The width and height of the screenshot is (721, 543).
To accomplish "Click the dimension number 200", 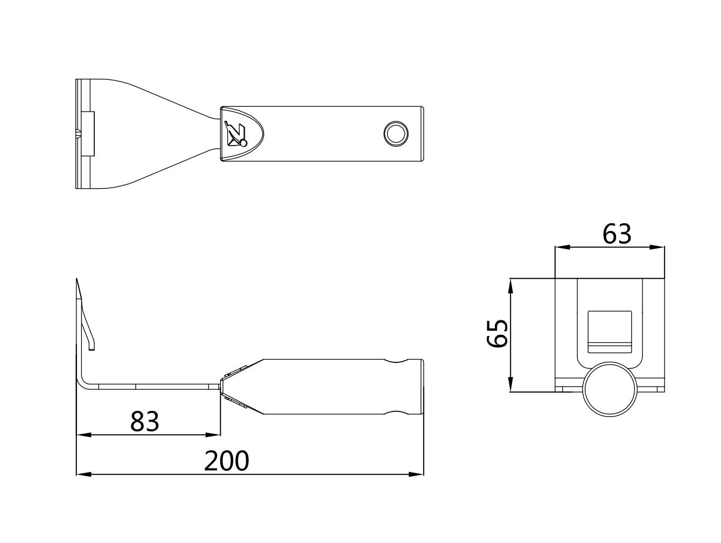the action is click(226, 461).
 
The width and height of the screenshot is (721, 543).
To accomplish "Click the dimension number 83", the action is click(144, 421).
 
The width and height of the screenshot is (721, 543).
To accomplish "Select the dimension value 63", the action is click(617, 234).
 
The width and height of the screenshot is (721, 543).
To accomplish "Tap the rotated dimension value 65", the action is click(498, 333).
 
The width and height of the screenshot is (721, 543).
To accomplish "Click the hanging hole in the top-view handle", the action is click(396, 134).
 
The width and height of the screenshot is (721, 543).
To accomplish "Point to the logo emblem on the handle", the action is click(235, 134).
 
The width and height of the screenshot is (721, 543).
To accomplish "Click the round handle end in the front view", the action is click(610, 389).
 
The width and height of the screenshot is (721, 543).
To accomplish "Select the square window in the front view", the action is click(610, 332).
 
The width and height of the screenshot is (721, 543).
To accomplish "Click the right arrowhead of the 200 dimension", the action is click(416, 475).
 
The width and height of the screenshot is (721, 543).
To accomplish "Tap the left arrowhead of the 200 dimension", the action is click(83, 475).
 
